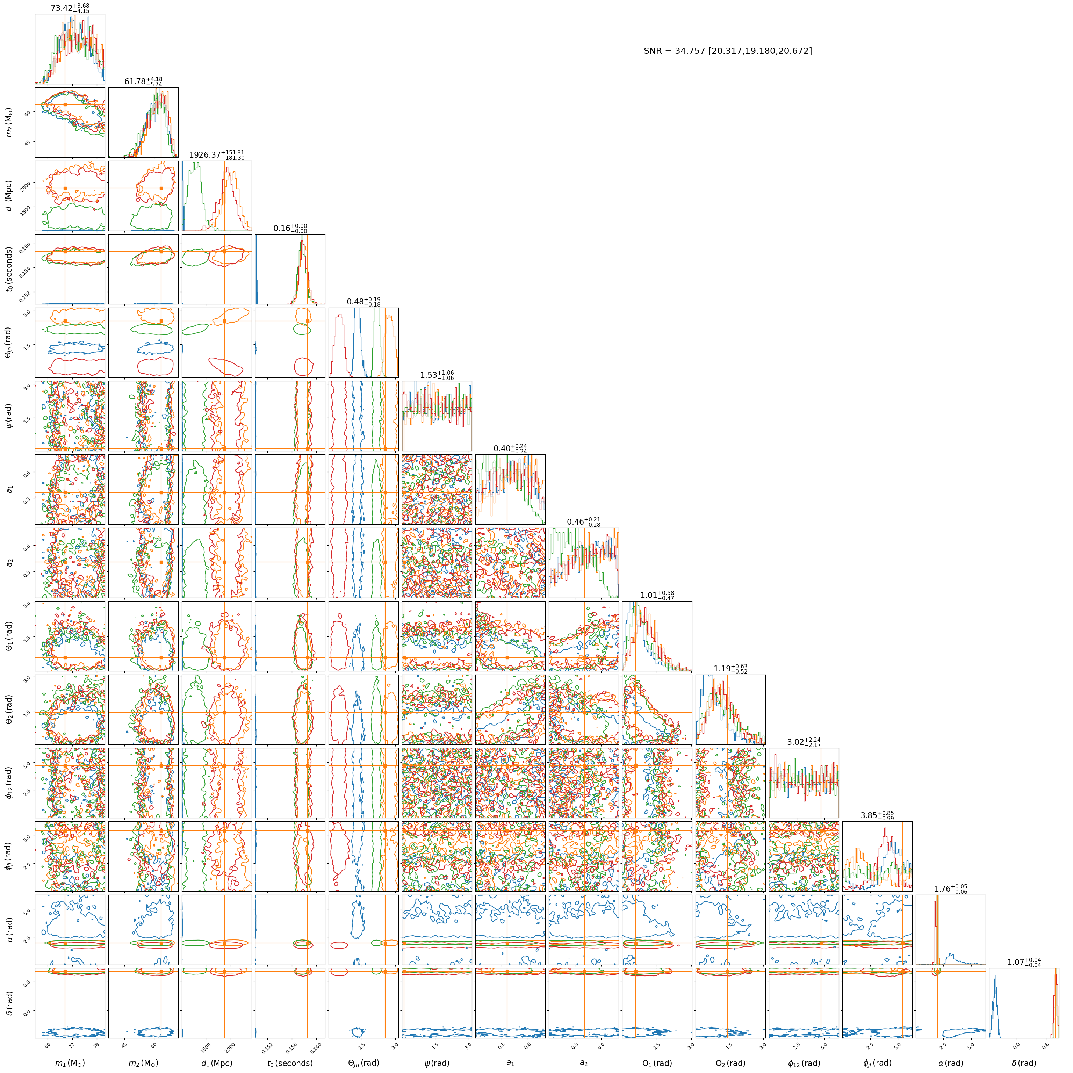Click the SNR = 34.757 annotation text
click(728, 51)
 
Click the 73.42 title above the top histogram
click(70, 8)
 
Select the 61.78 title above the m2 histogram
click(143, 82)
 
